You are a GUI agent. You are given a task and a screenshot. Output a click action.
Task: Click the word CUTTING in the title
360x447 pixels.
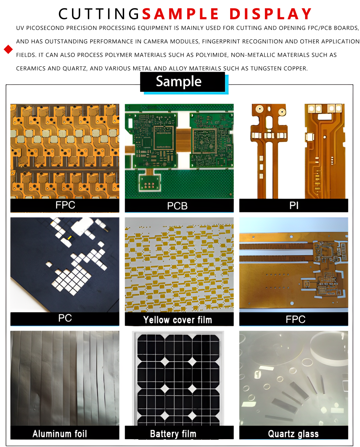(99, 14)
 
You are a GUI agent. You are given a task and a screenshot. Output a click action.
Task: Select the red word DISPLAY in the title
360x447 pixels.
(271, 14)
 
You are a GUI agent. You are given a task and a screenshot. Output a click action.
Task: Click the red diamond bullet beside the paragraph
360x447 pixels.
(8, 49)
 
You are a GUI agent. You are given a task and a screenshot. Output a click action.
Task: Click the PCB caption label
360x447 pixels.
(177, 206)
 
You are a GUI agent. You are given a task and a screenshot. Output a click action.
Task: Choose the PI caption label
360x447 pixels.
(294, 205)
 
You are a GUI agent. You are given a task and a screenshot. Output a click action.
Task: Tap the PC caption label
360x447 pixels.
(65, 318)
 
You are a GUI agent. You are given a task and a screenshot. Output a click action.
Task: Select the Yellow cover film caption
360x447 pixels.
(178, 320)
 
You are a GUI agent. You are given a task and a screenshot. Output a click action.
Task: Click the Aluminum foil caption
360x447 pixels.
(60, 434)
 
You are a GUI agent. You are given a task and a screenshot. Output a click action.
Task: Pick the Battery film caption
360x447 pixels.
(173, 434)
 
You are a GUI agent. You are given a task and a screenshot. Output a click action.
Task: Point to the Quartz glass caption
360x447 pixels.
(293, 434)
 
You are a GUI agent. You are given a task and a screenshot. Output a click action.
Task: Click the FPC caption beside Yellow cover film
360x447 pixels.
(295, 319)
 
